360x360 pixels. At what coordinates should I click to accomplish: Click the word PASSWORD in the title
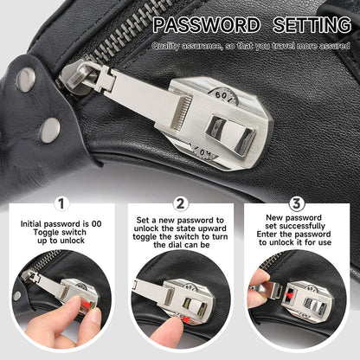[206, 25]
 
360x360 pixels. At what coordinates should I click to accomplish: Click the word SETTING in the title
[312, 25]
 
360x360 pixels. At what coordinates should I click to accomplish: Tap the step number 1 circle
[61, 203]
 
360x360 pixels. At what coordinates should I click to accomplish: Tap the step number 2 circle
[180, 203]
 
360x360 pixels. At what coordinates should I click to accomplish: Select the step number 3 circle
[297, 203]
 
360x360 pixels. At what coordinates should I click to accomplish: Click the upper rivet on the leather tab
[26, 80]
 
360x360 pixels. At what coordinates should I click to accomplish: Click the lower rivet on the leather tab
[50, 131]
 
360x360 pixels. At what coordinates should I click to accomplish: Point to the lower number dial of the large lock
[205, 152]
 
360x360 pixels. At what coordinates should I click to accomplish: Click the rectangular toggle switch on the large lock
[230, 134]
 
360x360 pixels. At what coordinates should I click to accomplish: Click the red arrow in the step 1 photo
[87, 305]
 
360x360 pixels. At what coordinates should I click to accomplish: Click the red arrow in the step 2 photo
[185, 318]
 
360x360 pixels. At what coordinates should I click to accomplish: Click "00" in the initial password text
[96, 224]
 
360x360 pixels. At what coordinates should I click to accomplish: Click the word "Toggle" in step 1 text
[45, 233]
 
